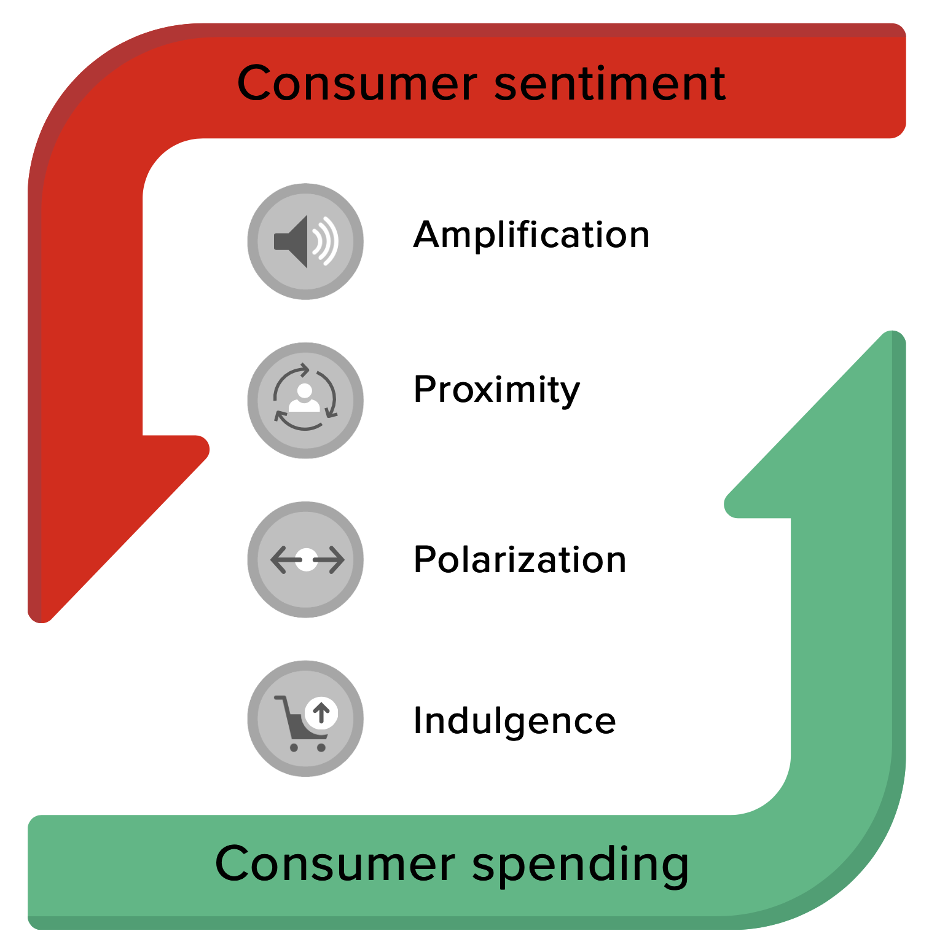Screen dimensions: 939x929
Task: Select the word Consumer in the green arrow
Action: click(x=335, y=863)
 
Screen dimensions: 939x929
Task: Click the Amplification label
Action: click(x=531, y=235)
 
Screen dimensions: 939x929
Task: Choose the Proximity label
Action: click(x=496, y=390)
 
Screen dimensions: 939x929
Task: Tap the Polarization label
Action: click(x=520, y=560)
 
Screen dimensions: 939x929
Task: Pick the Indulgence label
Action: click(x=514, y=720)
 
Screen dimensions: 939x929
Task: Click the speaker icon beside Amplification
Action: click(x=305, y=242)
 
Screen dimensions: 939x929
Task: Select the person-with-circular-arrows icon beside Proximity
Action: click(x=305, y=400)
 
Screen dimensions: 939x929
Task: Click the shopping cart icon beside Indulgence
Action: click(x=305, y=719)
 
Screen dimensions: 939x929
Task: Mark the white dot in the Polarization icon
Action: click(x=306, y=560)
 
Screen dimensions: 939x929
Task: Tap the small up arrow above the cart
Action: click(x=321, y=713)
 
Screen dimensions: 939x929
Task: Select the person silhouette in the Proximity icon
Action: click(x=304, y=398)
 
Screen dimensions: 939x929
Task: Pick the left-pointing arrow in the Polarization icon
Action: click(x=283, y=560)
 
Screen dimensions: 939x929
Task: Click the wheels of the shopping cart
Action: click(x=307, y=748)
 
